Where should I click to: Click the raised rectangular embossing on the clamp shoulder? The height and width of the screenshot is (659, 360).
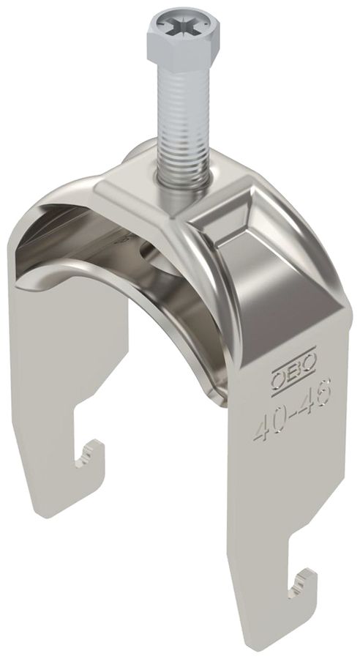pyautogui.click(x=233, y=220)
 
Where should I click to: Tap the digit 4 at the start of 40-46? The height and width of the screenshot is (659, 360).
pyautogui.click(x=260, y=429)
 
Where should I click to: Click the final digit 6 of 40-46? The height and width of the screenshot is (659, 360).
pyautogui.click(x=324, y=398)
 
